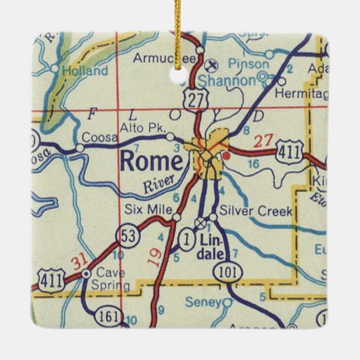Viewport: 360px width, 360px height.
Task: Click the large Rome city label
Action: coord(151,162)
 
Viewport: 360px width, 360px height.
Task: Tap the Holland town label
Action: coord(85,71)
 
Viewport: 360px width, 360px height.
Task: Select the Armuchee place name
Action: coord(164,58)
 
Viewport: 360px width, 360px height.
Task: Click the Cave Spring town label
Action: coord(112,280)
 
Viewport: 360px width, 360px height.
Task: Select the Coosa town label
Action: coord(94,137)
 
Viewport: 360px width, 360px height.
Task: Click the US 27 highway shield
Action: coord(198,100)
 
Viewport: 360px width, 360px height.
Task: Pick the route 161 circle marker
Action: coord(107,316)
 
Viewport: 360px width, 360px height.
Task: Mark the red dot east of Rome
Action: coord(226,155)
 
